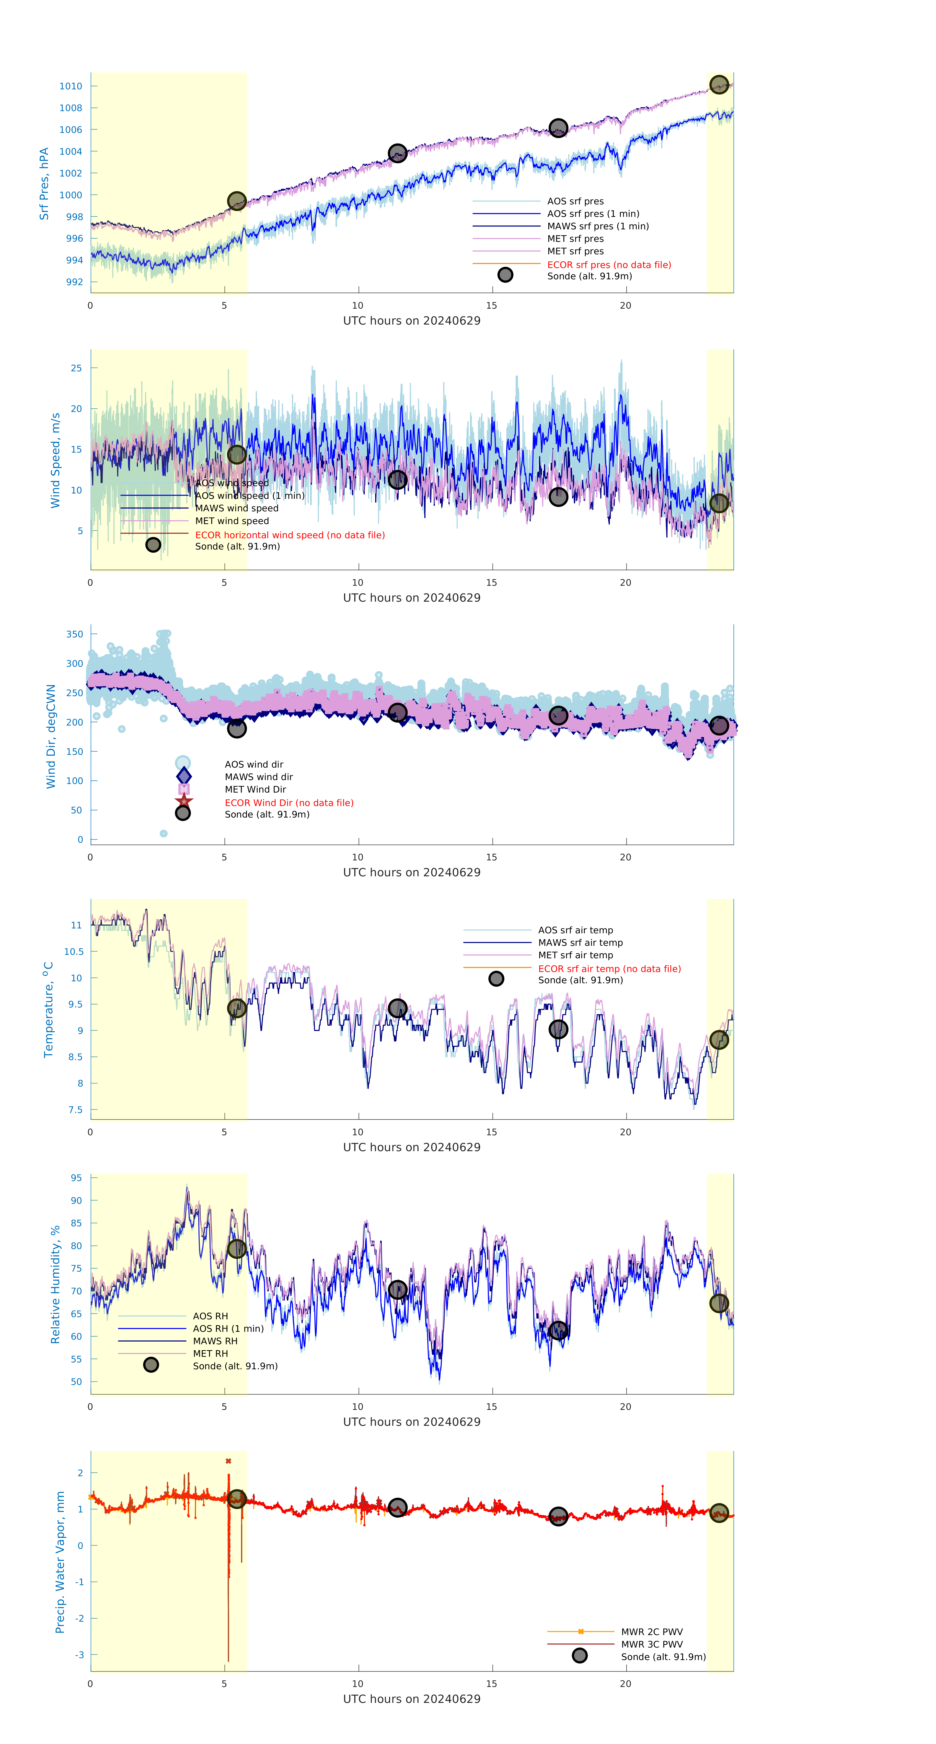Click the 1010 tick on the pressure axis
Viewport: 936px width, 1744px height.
pyautogui.click(x=70, y=86)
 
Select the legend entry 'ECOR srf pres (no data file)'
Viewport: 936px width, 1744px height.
pyautogui.click(x=608, y=265)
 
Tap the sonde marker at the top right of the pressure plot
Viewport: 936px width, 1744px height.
pyautogui.click(x=719, y=85)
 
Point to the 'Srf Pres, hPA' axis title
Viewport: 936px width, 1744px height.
pyautogui.click(x=44, y=184)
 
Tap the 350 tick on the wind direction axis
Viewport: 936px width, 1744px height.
pyautogui.click(x=74, y=634)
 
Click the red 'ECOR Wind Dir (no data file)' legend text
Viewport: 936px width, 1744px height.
pyautogui.click(x=289, y=803)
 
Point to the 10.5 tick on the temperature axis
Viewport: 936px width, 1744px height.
pyautogui.click(x=74, y=951)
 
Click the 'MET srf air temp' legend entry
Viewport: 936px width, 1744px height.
pyautogui.click(x=575, y=955)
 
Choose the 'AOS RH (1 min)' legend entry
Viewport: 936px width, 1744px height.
pyautogui.click(x=228, y=1328)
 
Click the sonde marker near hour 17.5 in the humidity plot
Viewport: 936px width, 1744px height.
pyautogui.click(x=558, y=1330)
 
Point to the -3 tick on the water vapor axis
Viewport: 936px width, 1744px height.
pyautogui.click(x=79, y=1655)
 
